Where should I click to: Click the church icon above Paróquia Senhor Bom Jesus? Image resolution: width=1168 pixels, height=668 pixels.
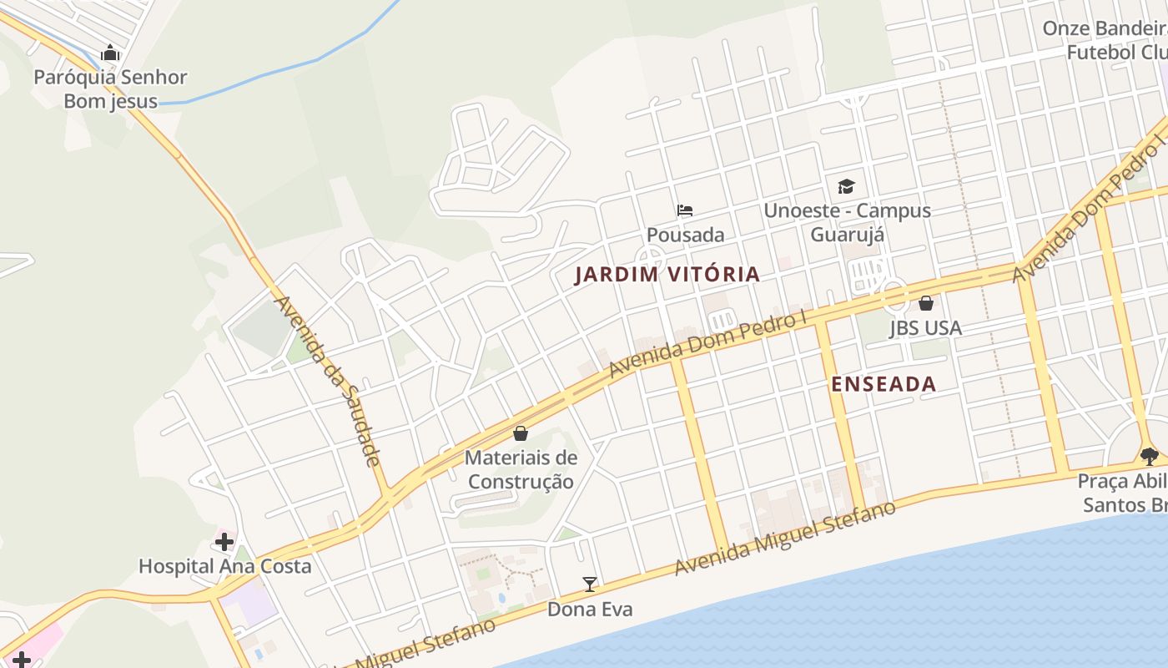[110, 53]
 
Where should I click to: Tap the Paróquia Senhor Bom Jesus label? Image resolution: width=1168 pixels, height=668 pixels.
[110, 89]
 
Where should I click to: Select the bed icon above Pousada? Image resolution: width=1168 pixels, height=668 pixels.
[685, 210]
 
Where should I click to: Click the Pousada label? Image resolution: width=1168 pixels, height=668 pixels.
[685, 235]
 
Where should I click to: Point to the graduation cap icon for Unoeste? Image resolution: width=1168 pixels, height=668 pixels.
[846, 186]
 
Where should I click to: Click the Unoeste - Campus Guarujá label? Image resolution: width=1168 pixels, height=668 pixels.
[847, 221]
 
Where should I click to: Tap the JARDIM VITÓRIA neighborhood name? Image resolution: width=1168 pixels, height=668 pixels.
[667, 274]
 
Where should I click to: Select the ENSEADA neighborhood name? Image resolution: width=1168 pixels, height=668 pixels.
[884, 384]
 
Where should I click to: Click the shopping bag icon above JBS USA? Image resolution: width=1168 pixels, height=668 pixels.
[925, 303]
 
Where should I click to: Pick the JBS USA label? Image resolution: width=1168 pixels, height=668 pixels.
[925, 327]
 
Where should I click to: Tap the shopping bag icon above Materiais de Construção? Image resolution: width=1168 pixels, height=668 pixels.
[521, 433]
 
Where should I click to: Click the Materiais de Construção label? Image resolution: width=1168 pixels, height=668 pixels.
[521, 469]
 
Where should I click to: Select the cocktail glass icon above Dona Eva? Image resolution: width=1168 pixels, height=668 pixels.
[590, 584]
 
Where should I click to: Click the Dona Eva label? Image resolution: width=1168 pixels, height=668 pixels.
[590, 609]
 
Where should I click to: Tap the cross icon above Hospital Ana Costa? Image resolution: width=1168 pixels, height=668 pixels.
[224, 541]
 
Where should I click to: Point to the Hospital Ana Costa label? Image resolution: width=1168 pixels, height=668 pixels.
[224, 566]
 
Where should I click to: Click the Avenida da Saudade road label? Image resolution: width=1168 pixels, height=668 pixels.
[328, 381]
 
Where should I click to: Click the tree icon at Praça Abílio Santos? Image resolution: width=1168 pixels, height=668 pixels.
[1150, 456]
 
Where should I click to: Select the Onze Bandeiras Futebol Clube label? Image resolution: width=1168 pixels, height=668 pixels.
[1105, 40]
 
